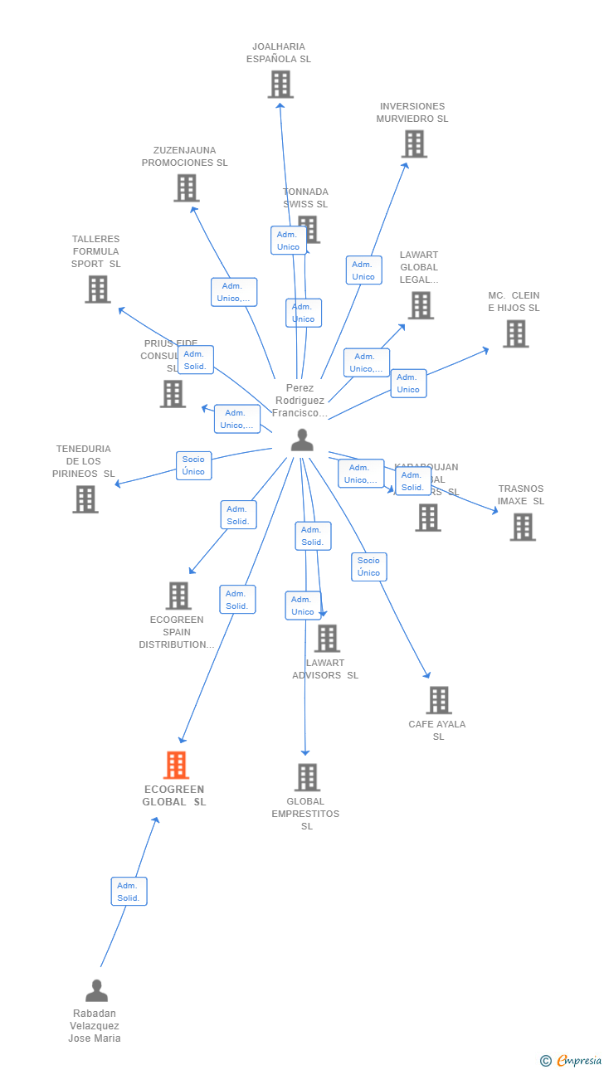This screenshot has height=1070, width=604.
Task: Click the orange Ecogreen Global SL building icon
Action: pos(176,765)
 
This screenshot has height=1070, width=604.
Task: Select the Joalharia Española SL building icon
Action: pos(280,85)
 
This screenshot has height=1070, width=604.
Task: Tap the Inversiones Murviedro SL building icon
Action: pos(414,144)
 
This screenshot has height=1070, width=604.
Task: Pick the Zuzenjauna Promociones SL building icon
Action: pos(187,188)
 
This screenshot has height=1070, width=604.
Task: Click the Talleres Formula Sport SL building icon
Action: pos(98,289)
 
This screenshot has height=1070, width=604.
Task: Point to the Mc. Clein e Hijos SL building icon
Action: pos(515,334)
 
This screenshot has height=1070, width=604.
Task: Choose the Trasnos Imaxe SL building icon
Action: pos(523,528)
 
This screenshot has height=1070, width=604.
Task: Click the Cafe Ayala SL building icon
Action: pos(439,701)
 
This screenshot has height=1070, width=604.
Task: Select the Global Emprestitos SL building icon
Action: pos(307,778)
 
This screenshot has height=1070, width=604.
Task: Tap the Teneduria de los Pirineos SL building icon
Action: pos(85,499)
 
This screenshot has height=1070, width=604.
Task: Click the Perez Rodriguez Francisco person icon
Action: pos(302,440)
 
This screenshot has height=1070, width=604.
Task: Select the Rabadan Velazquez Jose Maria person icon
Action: pos(96,991)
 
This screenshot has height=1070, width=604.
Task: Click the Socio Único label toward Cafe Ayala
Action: pos(369,567)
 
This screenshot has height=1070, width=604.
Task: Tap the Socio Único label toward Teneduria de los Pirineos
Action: pos(193,465)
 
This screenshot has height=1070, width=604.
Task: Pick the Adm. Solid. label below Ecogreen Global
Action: pos(129,892)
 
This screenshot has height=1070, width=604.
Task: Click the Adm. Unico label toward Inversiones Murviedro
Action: pos(363,270)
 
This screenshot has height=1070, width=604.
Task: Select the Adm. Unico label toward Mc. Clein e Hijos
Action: pos(408,383)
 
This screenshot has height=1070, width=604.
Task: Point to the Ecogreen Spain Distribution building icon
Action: pos(178,596)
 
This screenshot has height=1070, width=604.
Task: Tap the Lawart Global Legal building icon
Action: pos(421,306)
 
